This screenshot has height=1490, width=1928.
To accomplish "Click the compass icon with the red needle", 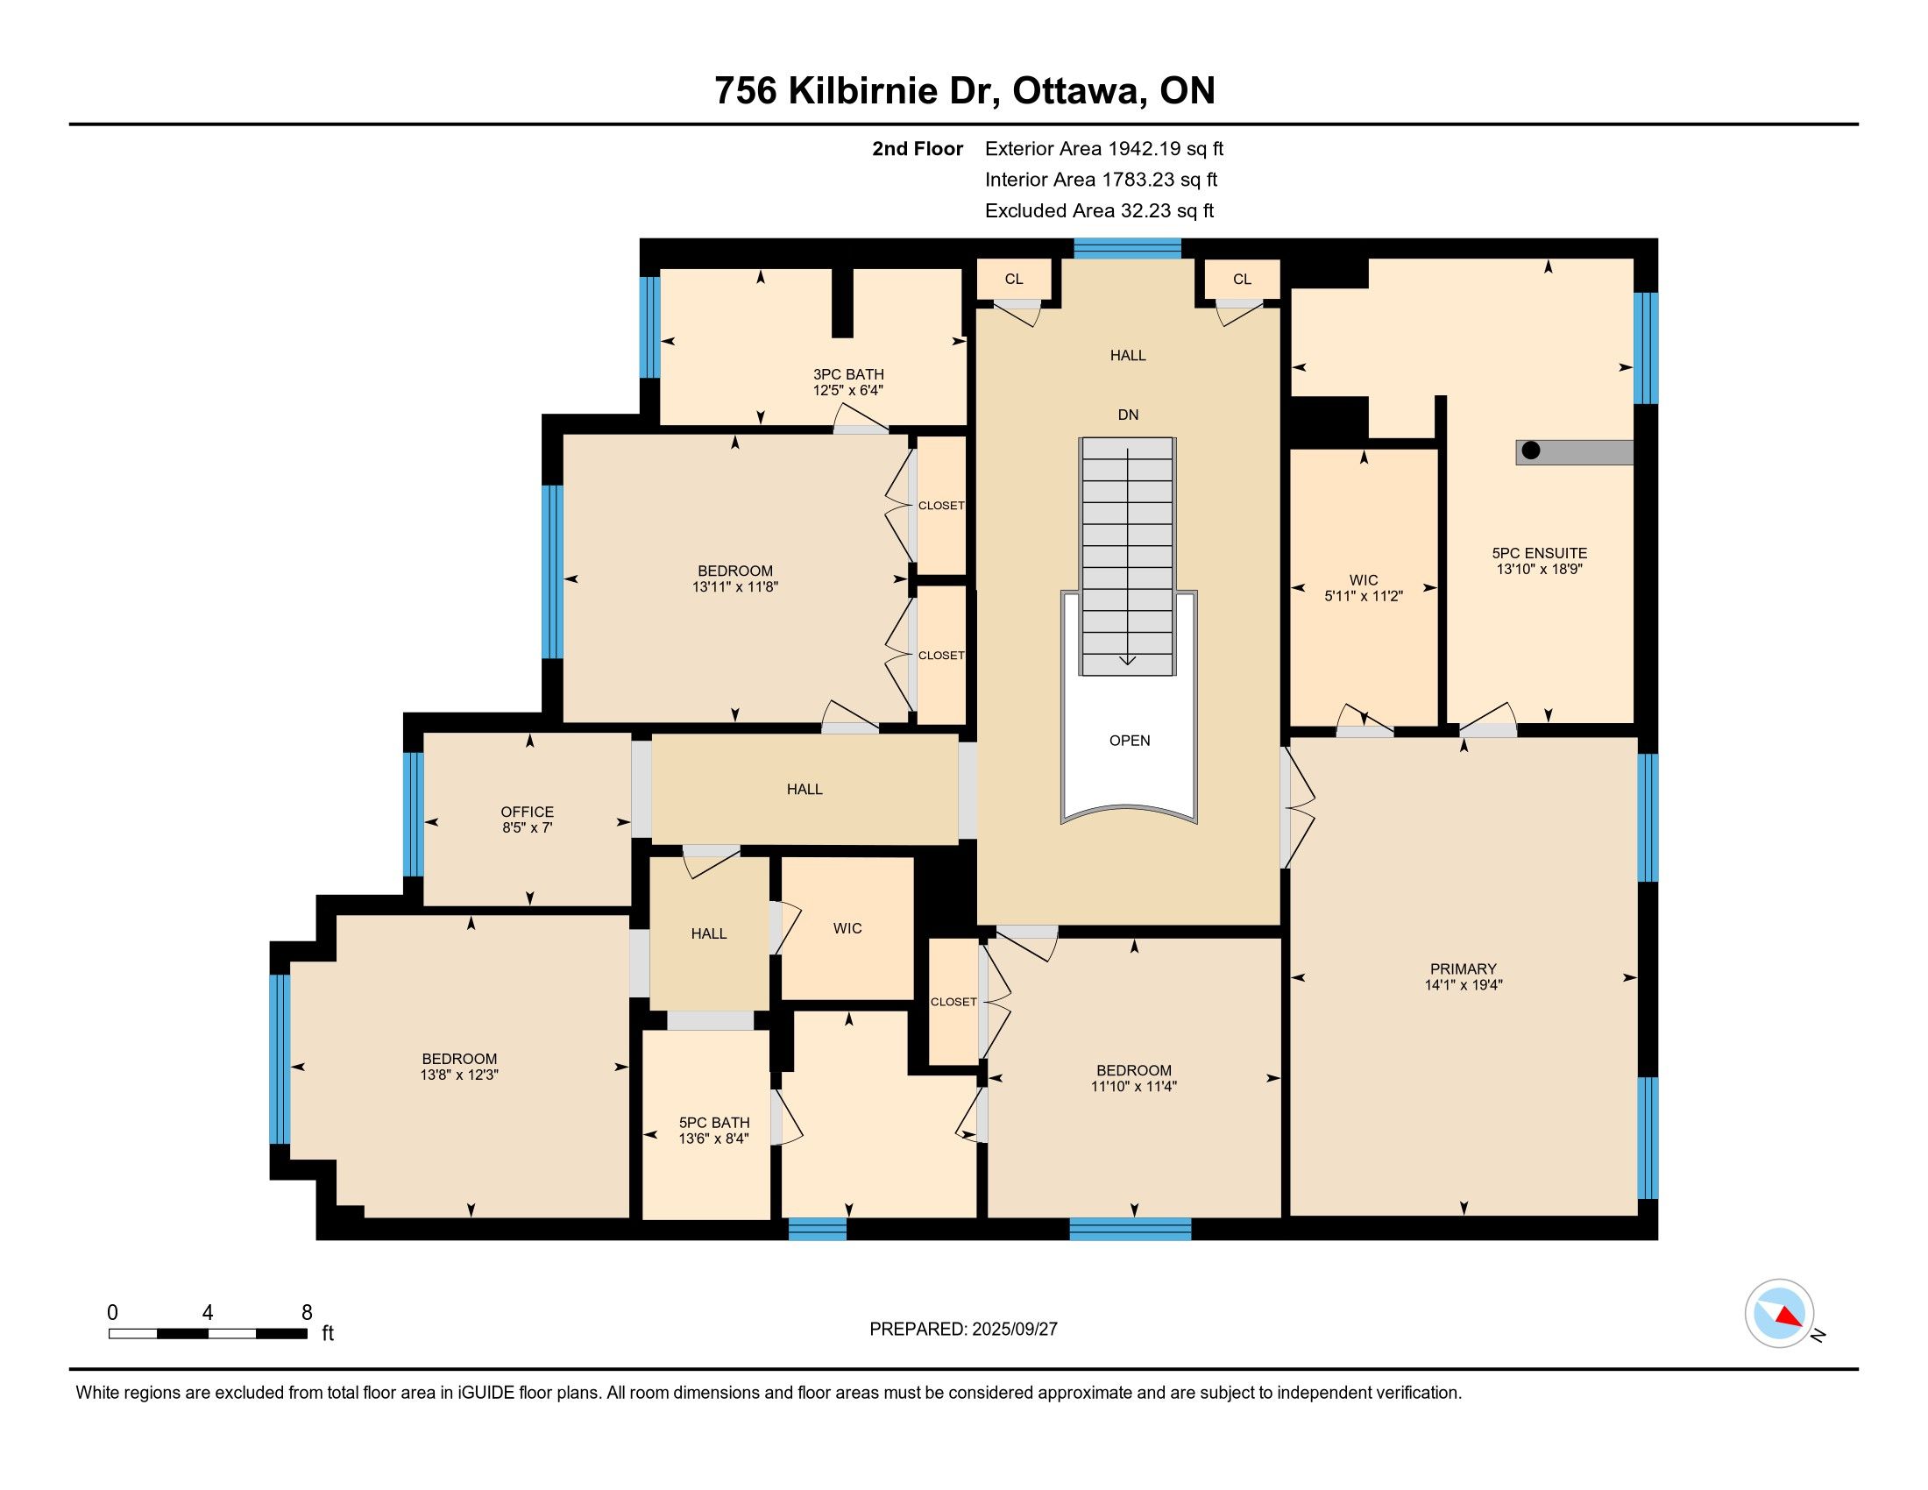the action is coord(1779,1314).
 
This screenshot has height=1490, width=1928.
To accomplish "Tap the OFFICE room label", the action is coord(527,812).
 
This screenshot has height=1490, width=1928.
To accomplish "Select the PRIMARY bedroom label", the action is coord(1464,969).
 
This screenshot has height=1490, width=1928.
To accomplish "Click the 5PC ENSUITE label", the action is coord(1540,553).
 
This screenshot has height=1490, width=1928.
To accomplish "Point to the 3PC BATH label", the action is coord(848,374).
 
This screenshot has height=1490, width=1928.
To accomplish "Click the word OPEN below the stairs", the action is coord(1130,741).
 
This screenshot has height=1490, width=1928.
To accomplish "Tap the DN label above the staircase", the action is coord(1128,415).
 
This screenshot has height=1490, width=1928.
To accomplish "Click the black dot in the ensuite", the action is coord(1532,451).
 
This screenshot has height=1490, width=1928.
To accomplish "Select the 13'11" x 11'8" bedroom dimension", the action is coord(735,587).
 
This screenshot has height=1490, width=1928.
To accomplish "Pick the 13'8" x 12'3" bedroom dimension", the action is coord(460,1075).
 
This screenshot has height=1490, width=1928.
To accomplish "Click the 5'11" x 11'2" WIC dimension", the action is coord(1364,597).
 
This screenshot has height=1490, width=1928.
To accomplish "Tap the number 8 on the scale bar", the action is coord(308,1313).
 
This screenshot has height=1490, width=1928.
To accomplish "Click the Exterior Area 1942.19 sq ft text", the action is coord(1104,149).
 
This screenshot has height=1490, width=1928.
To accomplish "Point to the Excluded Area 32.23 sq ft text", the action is coord(1100,211).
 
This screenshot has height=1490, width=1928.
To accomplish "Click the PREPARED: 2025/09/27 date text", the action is coord(963,1330).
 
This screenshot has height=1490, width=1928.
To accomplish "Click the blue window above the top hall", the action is coord(1127,248).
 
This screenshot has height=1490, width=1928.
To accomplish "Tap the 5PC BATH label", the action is coord(714,1123).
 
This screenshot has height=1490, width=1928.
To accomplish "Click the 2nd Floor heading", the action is coord(918,149).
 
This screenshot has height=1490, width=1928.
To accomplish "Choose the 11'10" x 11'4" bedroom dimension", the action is coord(1134,1087).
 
